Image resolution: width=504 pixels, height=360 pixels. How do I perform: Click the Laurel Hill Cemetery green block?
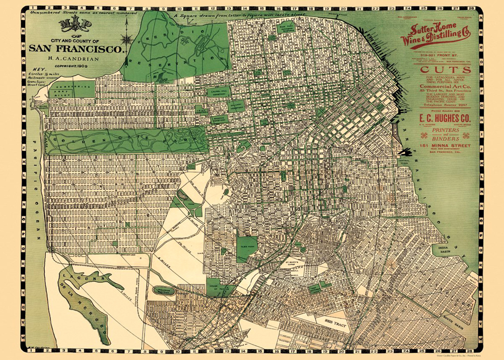pos(218,91)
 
